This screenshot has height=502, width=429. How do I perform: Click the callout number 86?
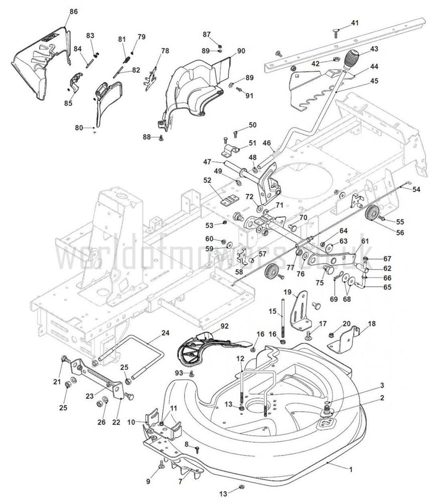coord(73,11)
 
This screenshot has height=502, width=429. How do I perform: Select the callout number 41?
coord(355,23)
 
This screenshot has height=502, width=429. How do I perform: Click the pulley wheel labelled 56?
coord(372,213)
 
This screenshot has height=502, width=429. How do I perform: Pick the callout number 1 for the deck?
coord(350,469)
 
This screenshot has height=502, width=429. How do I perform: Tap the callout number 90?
coord(241,51)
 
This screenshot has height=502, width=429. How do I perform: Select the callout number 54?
coord(416,189)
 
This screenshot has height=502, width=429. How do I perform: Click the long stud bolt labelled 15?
coord(284,316)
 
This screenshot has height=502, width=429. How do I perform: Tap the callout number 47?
coord(207,162)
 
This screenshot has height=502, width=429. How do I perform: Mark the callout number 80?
coord(78,128)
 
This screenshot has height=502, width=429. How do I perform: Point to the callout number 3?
coord(382,385)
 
